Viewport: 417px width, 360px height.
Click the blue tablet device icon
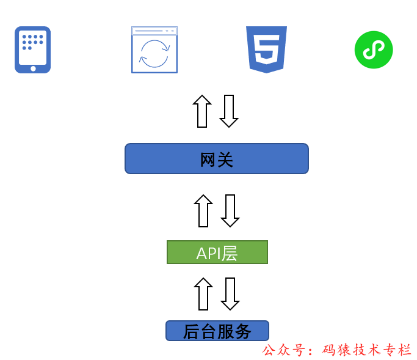coord(32,50)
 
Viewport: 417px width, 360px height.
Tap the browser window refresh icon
coord(154,50)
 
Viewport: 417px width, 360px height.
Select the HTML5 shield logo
coord(266,50)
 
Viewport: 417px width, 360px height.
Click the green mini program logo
coord(374,50)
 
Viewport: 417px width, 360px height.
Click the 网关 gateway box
coord(217,159)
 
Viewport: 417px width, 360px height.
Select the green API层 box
coord(217,252)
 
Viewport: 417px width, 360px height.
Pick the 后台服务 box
coord(217,331)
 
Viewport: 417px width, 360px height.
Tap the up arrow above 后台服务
coord(203,294)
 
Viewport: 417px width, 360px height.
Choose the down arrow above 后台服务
coord(230,294)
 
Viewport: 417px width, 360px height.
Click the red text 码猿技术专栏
coord(367,350)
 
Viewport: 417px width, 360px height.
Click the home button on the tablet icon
coord(33,68)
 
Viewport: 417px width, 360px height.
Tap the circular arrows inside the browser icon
coord(154,53)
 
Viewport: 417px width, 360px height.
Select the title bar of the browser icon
coord(154,31)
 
